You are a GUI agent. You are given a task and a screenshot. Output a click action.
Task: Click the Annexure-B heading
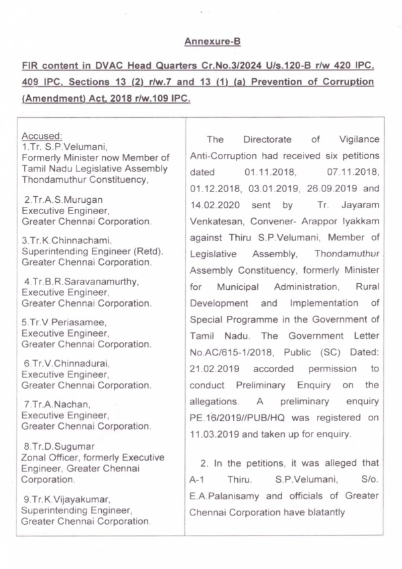click(x=212, y=42)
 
